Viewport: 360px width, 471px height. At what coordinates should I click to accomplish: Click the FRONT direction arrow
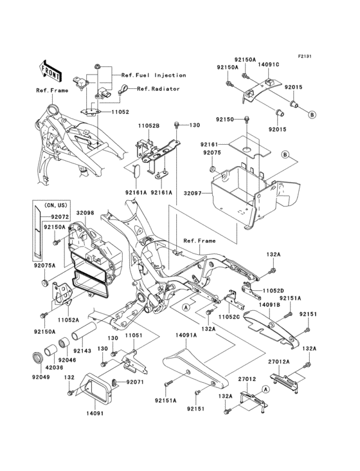[51, 69]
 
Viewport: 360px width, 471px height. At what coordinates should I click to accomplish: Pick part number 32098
[85, 213]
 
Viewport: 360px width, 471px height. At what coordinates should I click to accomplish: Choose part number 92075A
[44, 263]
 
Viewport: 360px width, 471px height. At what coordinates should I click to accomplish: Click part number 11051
[133, 335]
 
